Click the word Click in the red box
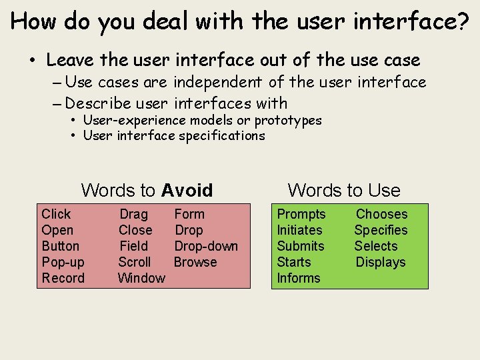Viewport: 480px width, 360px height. [x=56, y=214]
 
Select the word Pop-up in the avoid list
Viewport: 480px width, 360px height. [x=63, y=262]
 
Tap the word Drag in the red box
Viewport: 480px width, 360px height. [x=133, y=214]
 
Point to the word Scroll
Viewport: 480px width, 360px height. [x=134, y=262]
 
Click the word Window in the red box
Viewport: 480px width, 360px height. [x=141, y=278]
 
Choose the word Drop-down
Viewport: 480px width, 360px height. [x=206, y=246]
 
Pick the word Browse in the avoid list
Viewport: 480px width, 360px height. [x=195, y=262]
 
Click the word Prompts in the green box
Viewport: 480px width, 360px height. [x=301, y=214]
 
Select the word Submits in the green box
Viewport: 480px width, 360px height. [x=301, y=246]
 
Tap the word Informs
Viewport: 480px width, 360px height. [x=299, y=278]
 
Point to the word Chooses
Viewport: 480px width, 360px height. [x=381, y=214]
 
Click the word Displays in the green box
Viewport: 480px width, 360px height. [x=380, y=262]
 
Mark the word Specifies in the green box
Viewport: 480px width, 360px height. [x=381, y=230]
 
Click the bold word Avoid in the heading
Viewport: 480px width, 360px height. [x=187, y=191]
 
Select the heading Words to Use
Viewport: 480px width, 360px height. [x=344, y=191]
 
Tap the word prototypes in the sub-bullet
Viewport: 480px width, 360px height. [x=288, y=120]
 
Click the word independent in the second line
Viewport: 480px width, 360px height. [x=219, y=82]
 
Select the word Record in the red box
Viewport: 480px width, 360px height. [x=63, y=278]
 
